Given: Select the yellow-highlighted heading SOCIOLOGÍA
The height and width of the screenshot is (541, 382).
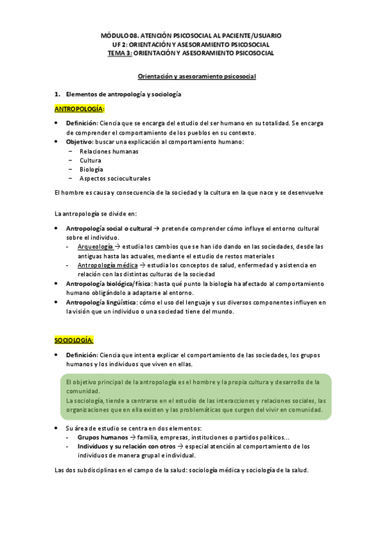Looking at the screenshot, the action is [74, 341].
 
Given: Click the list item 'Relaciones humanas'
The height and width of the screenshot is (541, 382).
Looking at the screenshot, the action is [108, 151].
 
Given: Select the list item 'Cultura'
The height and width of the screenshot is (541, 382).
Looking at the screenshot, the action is [90, 160].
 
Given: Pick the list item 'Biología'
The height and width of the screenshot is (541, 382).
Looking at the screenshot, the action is [91, 169].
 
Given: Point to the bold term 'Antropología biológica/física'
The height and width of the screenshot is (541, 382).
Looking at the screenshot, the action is [109, 283].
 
